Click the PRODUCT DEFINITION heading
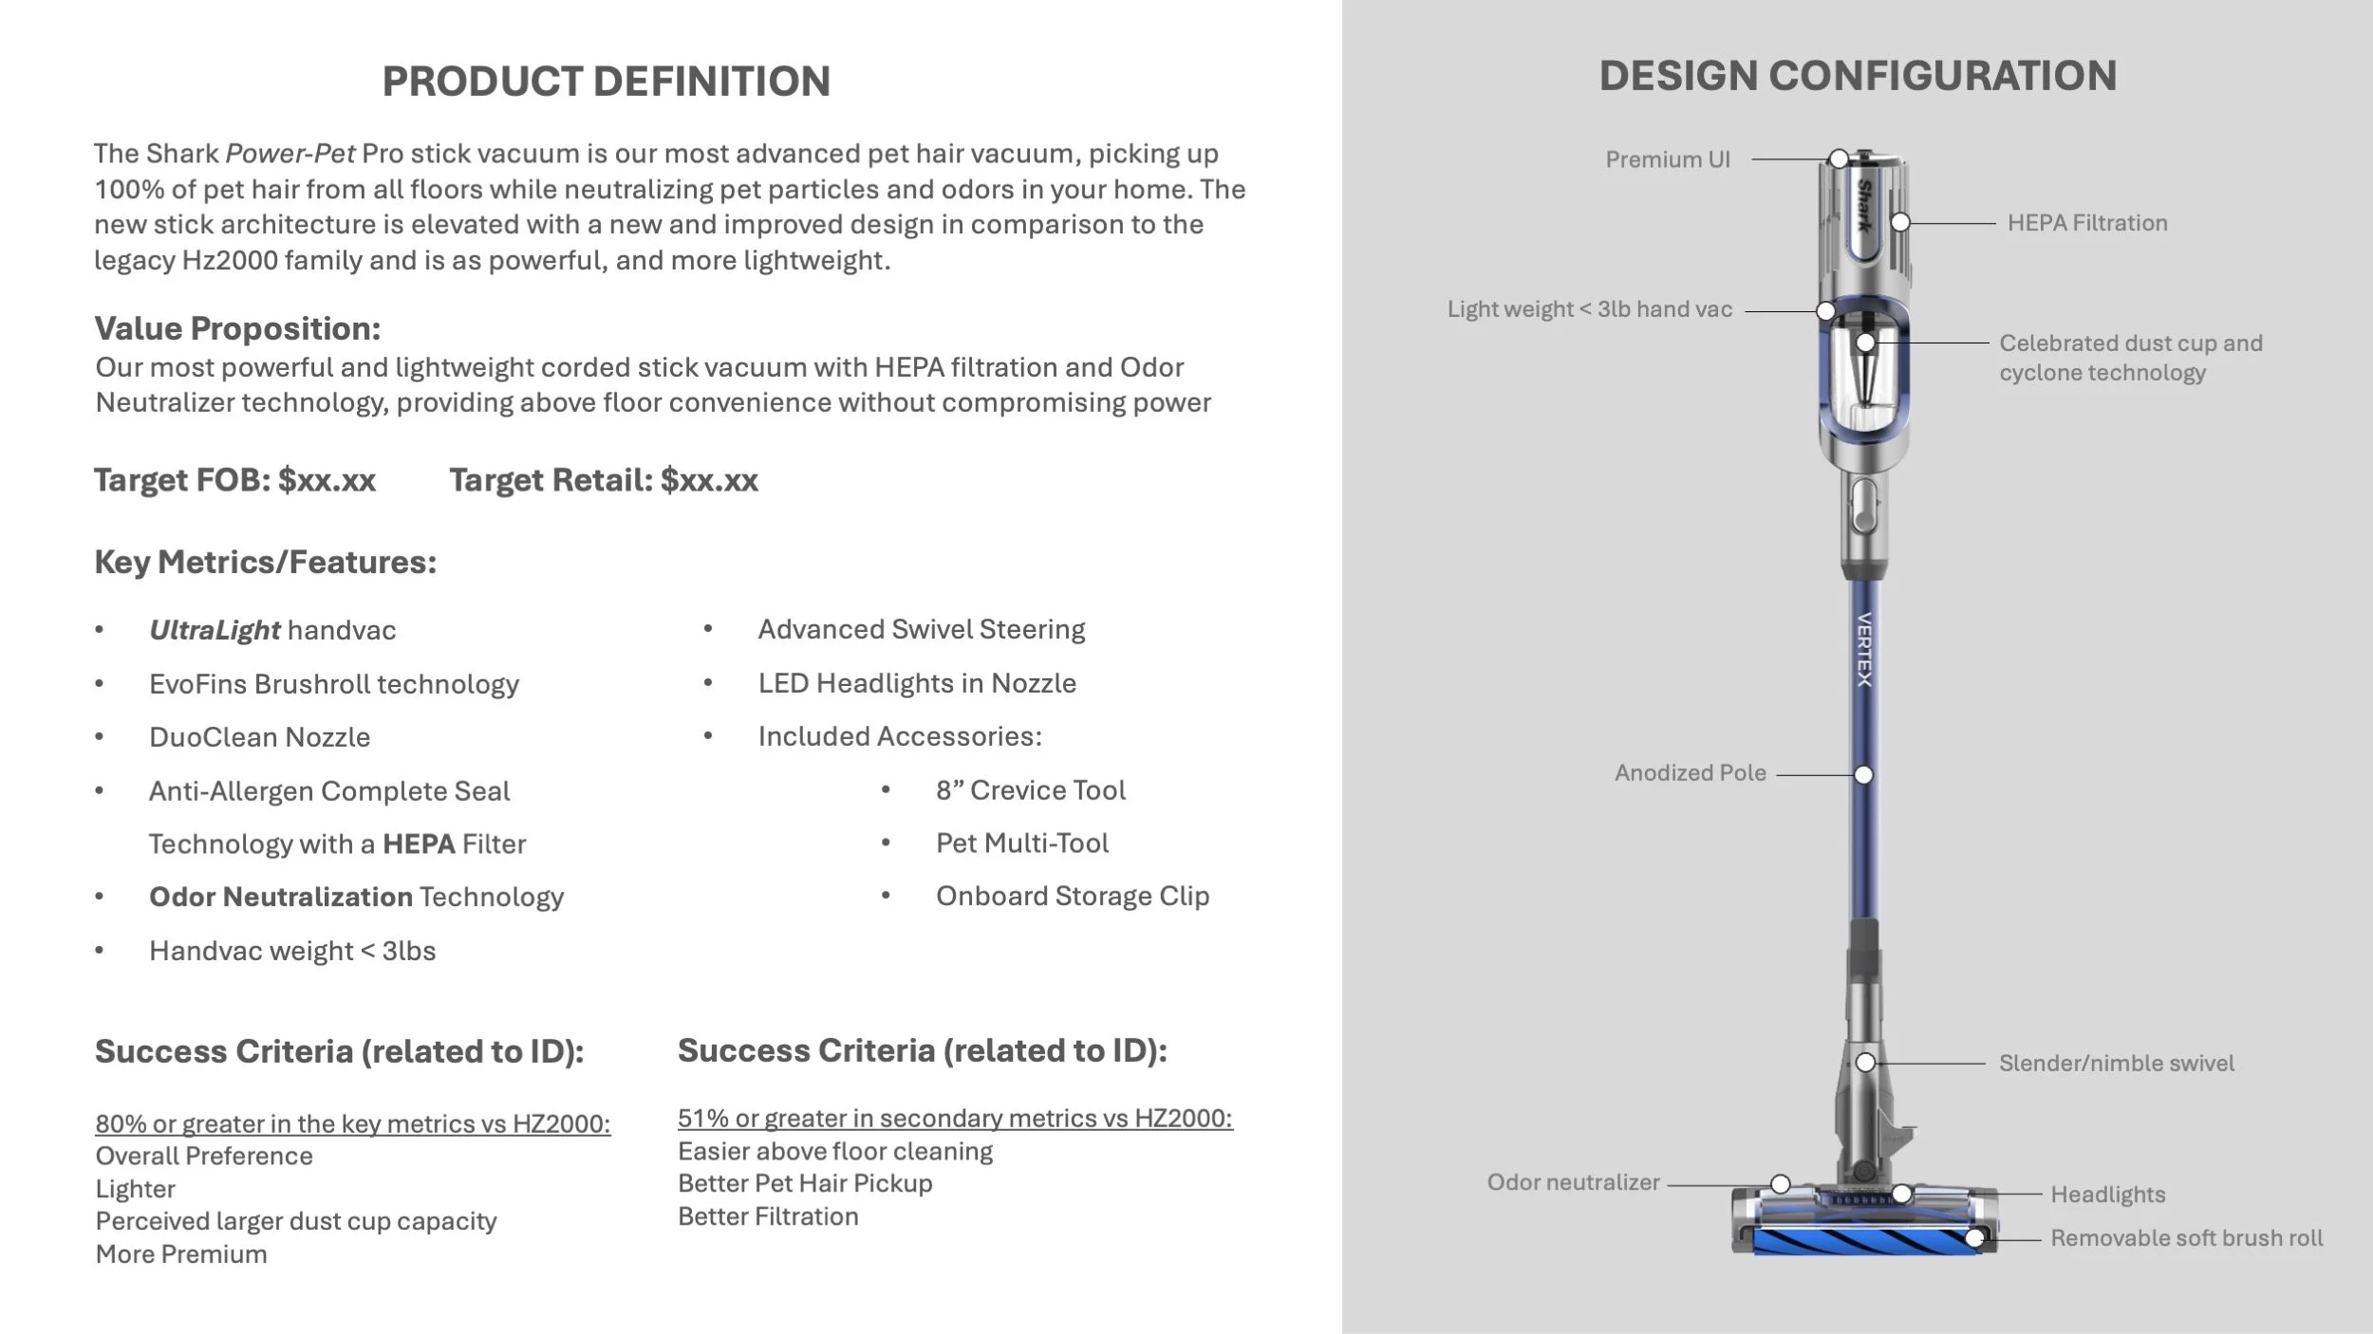point(606,82)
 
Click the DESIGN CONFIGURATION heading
point(1858,76)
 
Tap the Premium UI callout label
point(1667,159)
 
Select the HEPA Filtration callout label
point(2086,223)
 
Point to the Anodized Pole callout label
point(1690,773)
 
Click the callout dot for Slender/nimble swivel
point(1865,1063)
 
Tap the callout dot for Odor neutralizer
point(1781,1184)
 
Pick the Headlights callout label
point(2107,1195)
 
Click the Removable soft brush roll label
point(2186,1238)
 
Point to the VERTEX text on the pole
point(1864,650)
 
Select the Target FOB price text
point(234,480)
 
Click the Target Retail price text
point(604,480)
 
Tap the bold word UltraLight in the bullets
point(215,630)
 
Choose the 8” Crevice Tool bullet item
point(1030,790)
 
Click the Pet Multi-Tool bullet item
point(1021,843)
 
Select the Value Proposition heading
point(237,328)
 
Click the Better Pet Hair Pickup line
point(805,1183)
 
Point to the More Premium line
point(181,1254)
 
